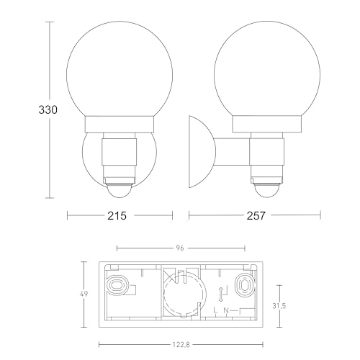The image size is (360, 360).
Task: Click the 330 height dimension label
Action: coord(48,110)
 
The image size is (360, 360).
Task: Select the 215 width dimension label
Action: coord(117,216)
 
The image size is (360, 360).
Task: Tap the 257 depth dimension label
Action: coord(256,216)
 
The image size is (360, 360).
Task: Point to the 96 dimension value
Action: coord(180,248)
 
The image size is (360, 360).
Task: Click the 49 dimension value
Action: coord(84,294)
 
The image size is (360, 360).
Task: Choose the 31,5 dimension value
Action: coord(279,306)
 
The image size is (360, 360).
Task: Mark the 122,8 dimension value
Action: coord(181,345)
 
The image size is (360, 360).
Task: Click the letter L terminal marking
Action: coord(215,310)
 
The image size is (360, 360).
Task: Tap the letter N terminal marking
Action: coord(226,310)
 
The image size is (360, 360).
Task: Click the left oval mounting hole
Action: coord(116,285)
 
